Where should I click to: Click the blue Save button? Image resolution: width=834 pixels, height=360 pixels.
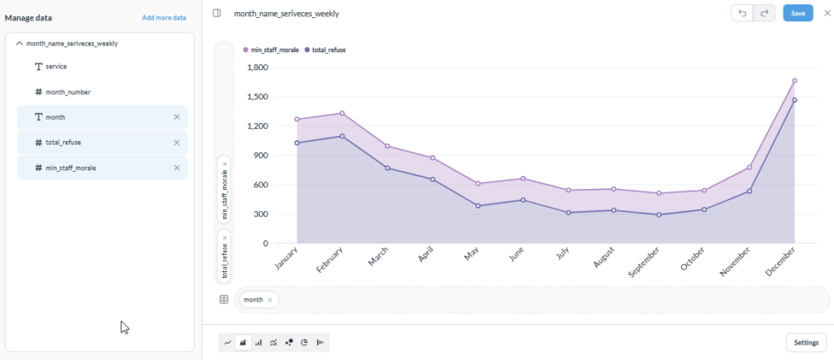click(x=798, y=13)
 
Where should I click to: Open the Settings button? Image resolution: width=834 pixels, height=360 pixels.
click(x=805, y=342)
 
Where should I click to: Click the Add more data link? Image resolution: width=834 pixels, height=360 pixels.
click(x=164, y=18)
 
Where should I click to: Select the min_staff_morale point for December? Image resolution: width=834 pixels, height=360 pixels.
click(x=795, y=81)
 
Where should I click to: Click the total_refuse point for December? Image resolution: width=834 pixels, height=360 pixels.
click(x=795, y=100)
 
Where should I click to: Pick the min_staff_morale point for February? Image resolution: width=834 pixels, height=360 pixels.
click(x=342, y=113)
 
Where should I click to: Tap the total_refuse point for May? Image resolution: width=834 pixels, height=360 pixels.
click(x=478, y=206)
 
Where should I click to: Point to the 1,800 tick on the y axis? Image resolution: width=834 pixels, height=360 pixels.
click(x=258, y=68)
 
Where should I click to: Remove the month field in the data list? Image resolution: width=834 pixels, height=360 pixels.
click(x=177, y=117)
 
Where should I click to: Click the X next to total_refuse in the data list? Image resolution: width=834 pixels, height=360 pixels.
click(x=177, y=143)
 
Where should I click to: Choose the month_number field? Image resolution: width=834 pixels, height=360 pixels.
click(x=62, y=92)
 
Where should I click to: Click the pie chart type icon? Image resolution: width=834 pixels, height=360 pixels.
click(x=305, y=343)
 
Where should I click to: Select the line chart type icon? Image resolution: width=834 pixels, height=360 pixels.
click(x=228, y=343)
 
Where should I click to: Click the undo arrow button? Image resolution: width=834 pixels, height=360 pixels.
click(x=743, y=13)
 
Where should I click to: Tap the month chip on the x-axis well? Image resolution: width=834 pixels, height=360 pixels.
click(x=253, y=300)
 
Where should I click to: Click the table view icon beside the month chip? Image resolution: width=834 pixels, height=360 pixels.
click(x=224, y=300)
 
